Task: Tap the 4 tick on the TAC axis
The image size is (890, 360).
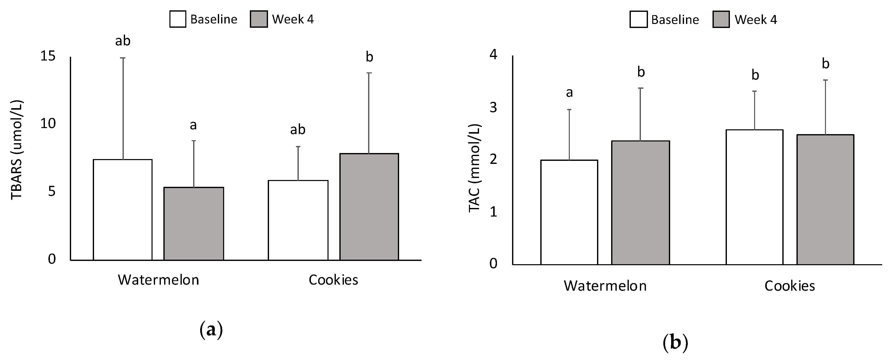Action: pyautogui.click(x=493, y=55)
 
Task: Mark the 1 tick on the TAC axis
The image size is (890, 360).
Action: pyautogui.click(x=493, y=212)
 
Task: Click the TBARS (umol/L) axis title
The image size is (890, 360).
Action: pyautogui.click(x=17, y=149)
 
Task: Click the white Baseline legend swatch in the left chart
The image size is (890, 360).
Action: pyautogui.click(x=177, y=19)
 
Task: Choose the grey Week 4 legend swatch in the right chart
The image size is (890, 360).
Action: pyautogui.click(x=721, y=19)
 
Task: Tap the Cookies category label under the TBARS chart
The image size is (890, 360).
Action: pyautogui.click(x=333, y=280)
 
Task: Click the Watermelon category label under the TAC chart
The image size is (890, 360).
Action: pyautogui.click(x=605, y=286)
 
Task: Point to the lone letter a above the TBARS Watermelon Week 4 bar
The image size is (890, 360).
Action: pyautogui.click(x=193, y=125)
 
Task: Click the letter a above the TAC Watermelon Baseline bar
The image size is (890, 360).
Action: pyautogui.click(x=569, y=93)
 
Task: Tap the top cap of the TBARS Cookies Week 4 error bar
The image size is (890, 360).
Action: pyautogui.click(x=369, y=73)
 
